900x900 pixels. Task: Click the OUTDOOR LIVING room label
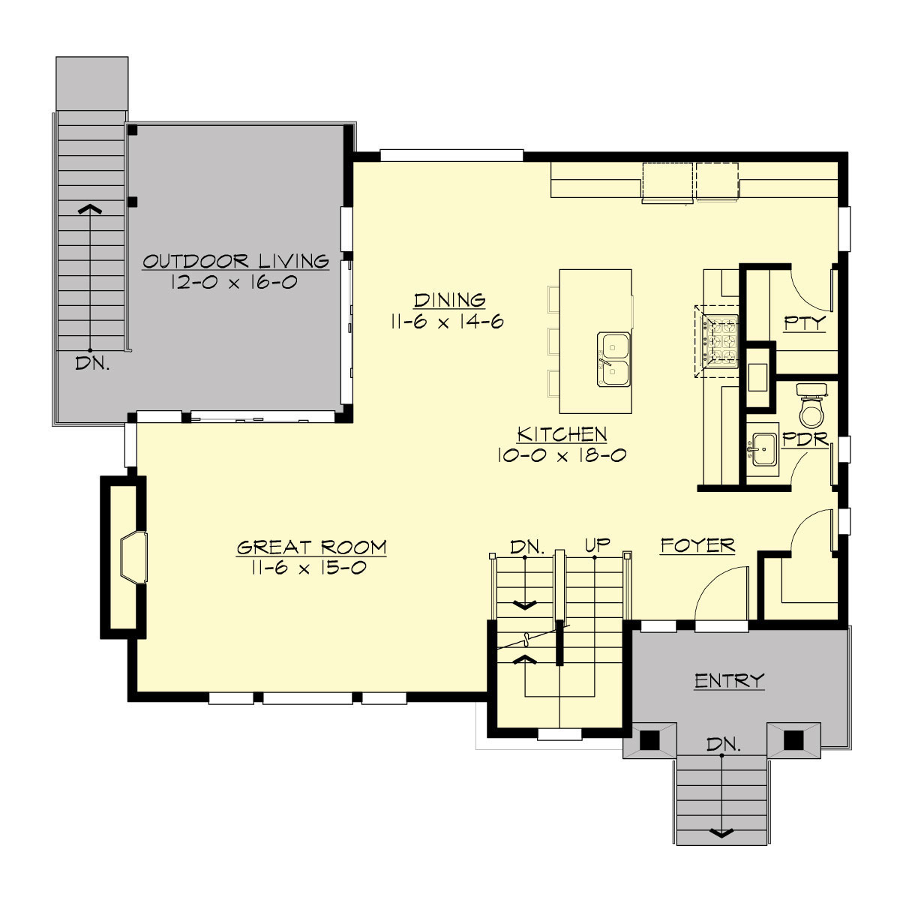click(x=235, y=261)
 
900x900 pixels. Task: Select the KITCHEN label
click(x=562, y=434)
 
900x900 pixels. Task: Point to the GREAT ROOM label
click(x=311, y=547)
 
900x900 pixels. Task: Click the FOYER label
click(x=697, y=545)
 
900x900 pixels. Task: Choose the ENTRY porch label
click(x=729, y=681)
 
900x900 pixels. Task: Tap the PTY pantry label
click(x=804, y=323)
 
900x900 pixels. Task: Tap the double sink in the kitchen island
click(x=615, y=359)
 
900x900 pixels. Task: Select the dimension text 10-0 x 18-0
click(x=562, y=455)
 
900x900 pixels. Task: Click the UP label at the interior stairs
click(x=597, y=545)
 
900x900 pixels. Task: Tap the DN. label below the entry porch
click(x=724, y=745)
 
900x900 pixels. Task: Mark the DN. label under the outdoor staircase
click(x=93, y=364)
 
